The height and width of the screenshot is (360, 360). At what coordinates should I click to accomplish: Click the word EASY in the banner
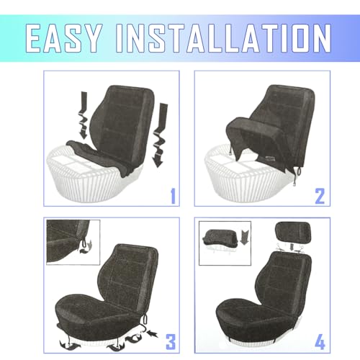click(x=63, y=38)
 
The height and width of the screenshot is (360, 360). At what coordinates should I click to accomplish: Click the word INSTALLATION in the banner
click(x=224, y=38)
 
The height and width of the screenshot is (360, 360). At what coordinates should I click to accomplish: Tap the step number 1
click(x=173, y=197)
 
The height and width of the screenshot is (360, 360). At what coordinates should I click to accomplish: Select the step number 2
click(x=320, y=197)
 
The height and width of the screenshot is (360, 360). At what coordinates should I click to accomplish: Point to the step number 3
click(x=171, y=342)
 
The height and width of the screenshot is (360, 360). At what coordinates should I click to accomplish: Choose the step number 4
click(x=320, y=342)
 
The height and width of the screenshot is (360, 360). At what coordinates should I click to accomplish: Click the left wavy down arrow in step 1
click(x=83, y=114)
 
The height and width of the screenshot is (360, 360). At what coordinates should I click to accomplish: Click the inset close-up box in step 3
click(x=73, y=243)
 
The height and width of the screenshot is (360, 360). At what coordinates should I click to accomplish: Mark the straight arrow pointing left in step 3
click(x=153, y=333)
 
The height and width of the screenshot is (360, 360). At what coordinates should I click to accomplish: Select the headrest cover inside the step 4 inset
click(x=220, y=238)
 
